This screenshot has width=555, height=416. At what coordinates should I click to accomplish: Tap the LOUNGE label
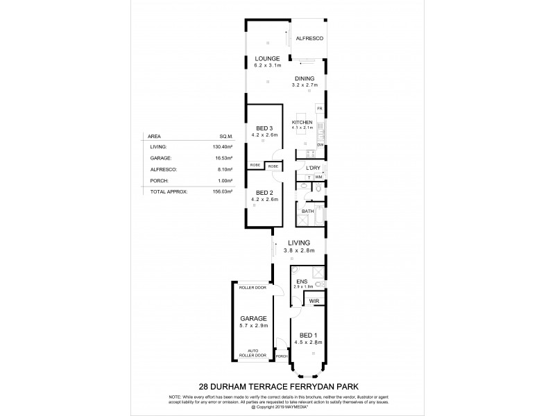coord(266,58)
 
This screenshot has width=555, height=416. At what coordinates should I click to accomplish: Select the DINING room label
coord(305,78)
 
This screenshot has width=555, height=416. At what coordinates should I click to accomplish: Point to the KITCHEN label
coord(302,122)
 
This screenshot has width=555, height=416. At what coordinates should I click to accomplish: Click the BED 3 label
coord(264,128)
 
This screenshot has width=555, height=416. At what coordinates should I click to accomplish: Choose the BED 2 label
coord(264,192)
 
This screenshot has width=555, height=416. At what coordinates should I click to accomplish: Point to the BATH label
coord(307,211)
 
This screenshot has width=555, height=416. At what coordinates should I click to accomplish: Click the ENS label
coord(302,281)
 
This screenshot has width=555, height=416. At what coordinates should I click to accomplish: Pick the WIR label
coord(314,302)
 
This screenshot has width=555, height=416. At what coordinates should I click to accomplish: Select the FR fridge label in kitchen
coord(319,109)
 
